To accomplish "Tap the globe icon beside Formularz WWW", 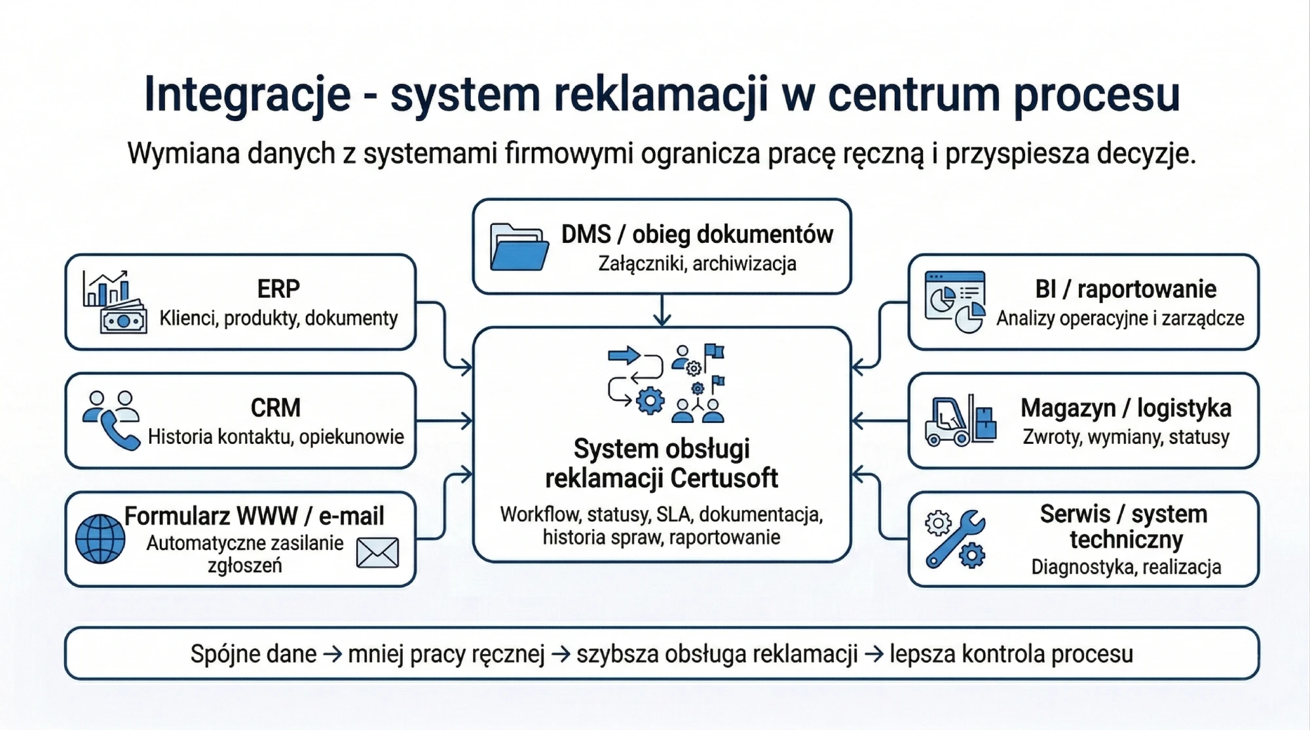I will [x=100, y=539].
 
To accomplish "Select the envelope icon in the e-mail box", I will [x=377, y=553].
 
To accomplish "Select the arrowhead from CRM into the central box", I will [x=466, y=420].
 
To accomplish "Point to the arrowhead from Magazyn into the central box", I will [x=858, y=420].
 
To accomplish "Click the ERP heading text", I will [x=278, y=289].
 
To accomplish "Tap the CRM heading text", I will [x=276, y=408].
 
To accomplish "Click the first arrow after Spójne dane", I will [x=332, y=654].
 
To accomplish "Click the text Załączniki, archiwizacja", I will [x=697, y=264].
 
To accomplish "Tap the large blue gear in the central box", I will [x=650, y=401].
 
